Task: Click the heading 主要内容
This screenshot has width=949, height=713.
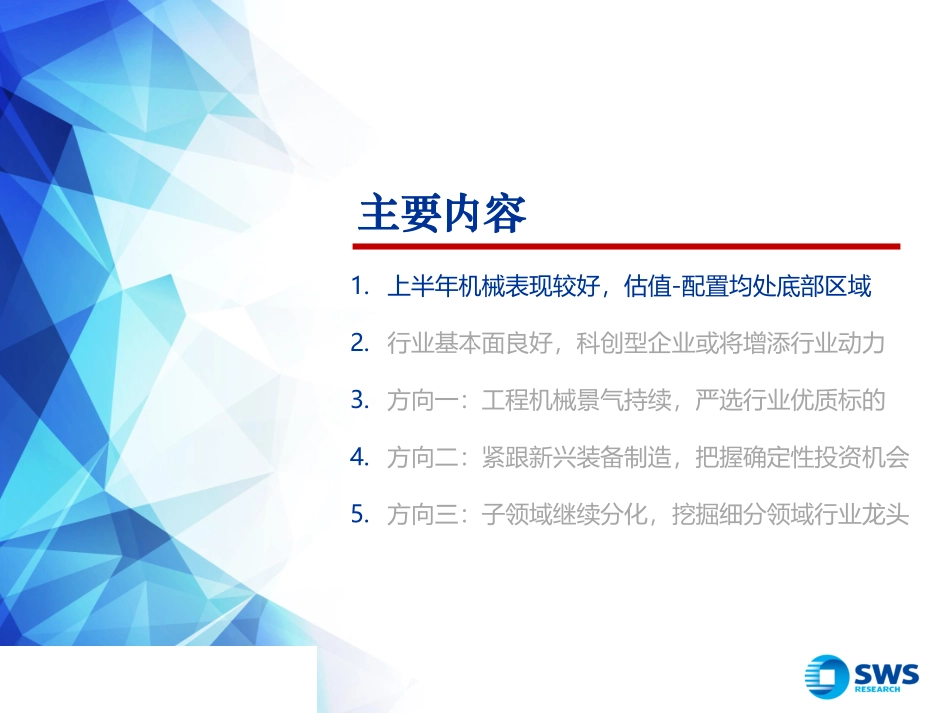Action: (442, 212)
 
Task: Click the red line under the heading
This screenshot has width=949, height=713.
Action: (628, 246)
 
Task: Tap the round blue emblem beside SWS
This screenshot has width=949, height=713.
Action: (827, 676)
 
